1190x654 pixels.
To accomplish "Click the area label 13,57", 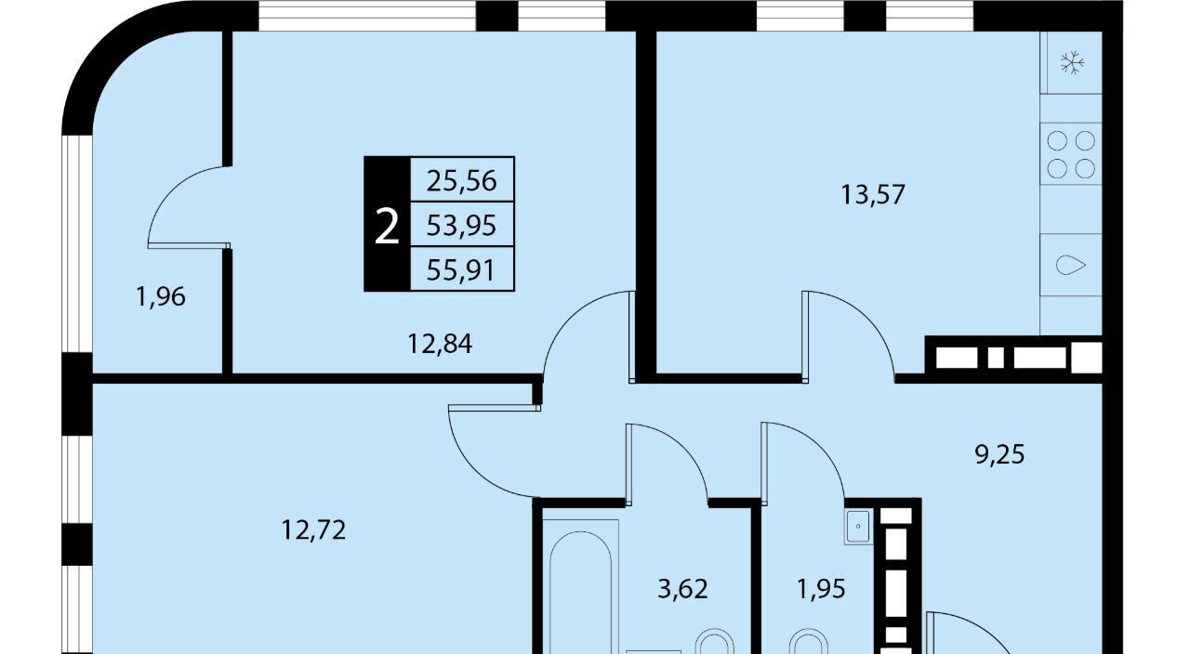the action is [873, 194].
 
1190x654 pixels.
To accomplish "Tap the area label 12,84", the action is [440, 344].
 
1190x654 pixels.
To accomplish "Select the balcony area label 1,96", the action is [161, 296].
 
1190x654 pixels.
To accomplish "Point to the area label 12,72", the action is [313, 530].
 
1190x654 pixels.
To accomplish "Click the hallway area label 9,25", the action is [999, 454].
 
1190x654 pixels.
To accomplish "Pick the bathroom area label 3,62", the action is [682, 589].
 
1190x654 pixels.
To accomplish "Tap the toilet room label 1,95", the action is [821, 589].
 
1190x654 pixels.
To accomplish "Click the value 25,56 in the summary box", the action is [462, 180].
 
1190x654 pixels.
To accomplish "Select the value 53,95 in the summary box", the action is [462, 225].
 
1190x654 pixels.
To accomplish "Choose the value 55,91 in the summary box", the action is [461, 270].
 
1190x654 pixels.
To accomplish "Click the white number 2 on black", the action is [387, 226].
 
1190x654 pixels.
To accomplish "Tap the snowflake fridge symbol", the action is [1072, 62].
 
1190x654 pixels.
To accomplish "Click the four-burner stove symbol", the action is [1071, 154].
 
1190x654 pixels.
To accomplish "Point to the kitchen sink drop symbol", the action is [1070, 265].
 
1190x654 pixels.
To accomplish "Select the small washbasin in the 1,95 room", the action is [858, 527].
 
